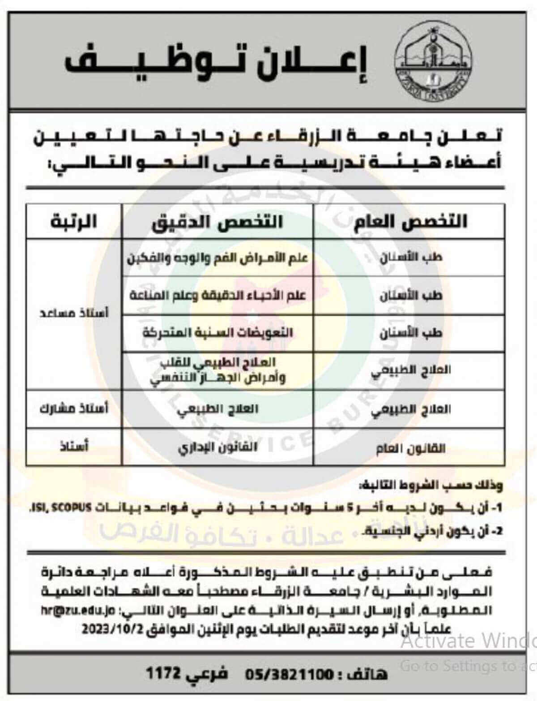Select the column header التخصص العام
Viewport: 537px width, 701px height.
tap(410, 222)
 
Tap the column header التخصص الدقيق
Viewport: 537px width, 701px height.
tap(217, 222)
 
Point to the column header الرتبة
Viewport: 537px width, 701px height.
tap(74, 222)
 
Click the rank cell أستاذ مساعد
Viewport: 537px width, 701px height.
tap(74, 313)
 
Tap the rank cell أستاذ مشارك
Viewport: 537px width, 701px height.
tap(74, 409)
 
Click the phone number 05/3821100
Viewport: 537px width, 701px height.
tap(288, 674)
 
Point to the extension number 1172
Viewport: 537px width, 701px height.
tap(163, 674)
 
